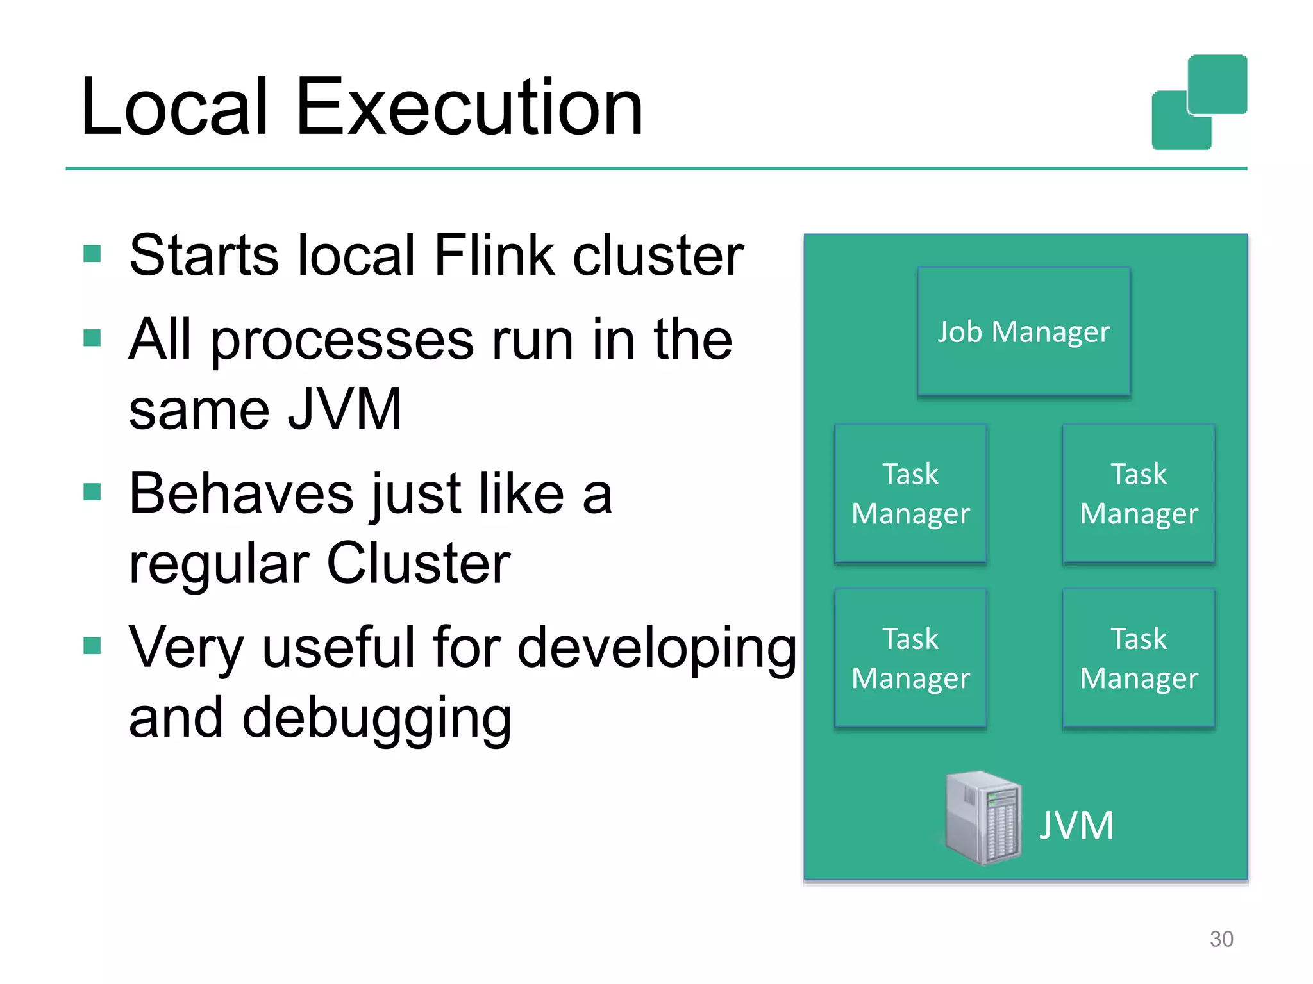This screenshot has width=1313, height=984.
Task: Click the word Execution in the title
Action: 469,107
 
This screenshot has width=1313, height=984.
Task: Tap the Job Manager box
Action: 1023,332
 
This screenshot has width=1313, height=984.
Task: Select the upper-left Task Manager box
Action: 910,493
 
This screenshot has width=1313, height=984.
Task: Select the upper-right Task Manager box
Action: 1139,493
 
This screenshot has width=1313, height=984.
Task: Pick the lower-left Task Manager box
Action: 910,658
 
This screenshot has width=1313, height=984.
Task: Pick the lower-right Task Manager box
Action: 1139,658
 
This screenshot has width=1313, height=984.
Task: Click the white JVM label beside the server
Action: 1076,825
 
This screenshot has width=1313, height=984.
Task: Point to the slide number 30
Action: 1221,939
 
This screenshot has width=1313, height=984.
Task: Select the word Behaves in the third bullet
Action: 241,494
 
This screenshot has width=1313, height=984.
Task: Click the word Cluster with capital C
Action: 419,564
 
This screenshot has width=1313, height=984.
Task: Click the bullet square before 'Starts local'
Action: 92,254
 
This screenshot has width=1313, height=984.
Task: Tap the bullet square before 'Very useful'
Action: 92,646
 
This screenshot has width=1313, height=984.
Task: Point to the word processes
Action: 343,341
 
